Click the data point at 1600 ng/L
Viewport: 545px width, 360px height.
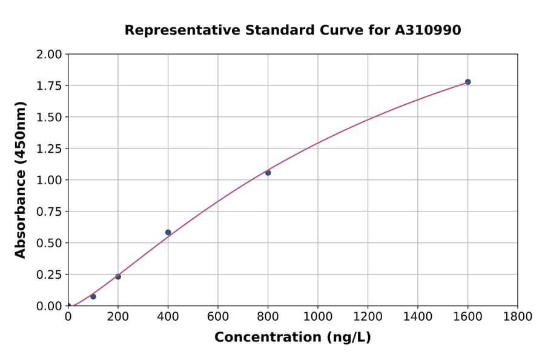click(x=467, y=82)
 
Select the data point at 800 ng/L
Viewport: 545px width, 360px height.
click(x=268, y=173)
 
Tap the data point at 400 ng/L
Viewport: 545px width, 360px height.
click(x=168, y=232)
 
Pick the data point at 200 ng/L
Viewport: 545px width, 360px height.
click(x=118, y=277)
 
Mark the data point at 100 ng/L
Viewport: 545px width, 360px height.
click(x=93, y=296)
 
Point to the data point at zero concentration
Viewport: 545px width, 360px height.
click(x=68, y=306)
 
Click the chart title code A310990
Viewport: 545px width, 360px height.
click(x=428, y=30)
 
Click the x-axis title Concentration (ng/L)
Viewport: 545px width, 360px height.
click(x=292, y=338)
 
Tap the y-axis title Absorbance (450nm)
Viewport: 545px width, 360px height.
click(x=21, y=180)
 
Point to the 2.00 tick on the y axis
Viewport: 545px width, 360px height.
click(x=50, y=55)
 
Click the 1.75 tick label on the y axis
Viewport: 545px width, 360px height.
click(x=50, y=86)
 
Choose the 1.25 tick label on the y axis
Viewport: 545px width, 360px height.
click(x=50, y=149)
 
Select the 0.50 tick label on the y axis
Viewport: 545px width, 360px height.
click(x=50, y=243)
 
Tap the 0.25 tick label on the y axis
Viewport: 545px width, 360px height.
click(x=50, y=275)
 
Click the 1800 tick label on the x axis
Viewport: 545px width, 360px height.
click(x=517, y=317)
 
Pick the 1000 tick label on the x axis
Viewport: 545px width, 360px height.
click(x=317, y=317)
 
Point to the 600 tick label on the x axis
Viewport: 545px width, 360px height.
click(x=218, y=317)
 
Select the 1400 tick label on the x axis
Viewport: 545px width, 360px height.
click(x=417, y=317)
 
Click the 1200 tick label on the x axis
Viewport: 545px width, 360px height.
click(x=368, y=317)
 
